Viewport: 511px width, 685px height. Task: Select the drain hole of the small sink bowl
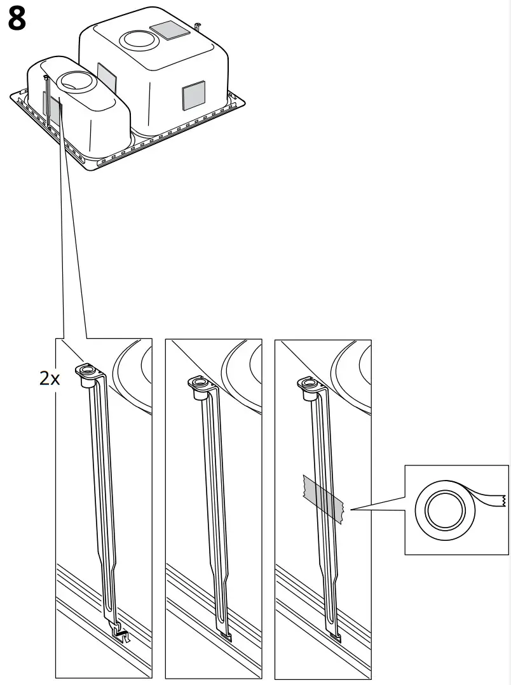(x=76, y=80)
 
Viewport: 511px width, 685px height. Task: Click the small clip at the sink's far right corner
(x=200, y=27)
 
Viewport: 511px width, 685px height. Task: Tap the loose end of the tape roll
(x=489, y=500)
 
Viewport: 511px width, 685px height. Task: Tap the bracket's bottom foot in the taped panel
(x=336, y=632)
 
